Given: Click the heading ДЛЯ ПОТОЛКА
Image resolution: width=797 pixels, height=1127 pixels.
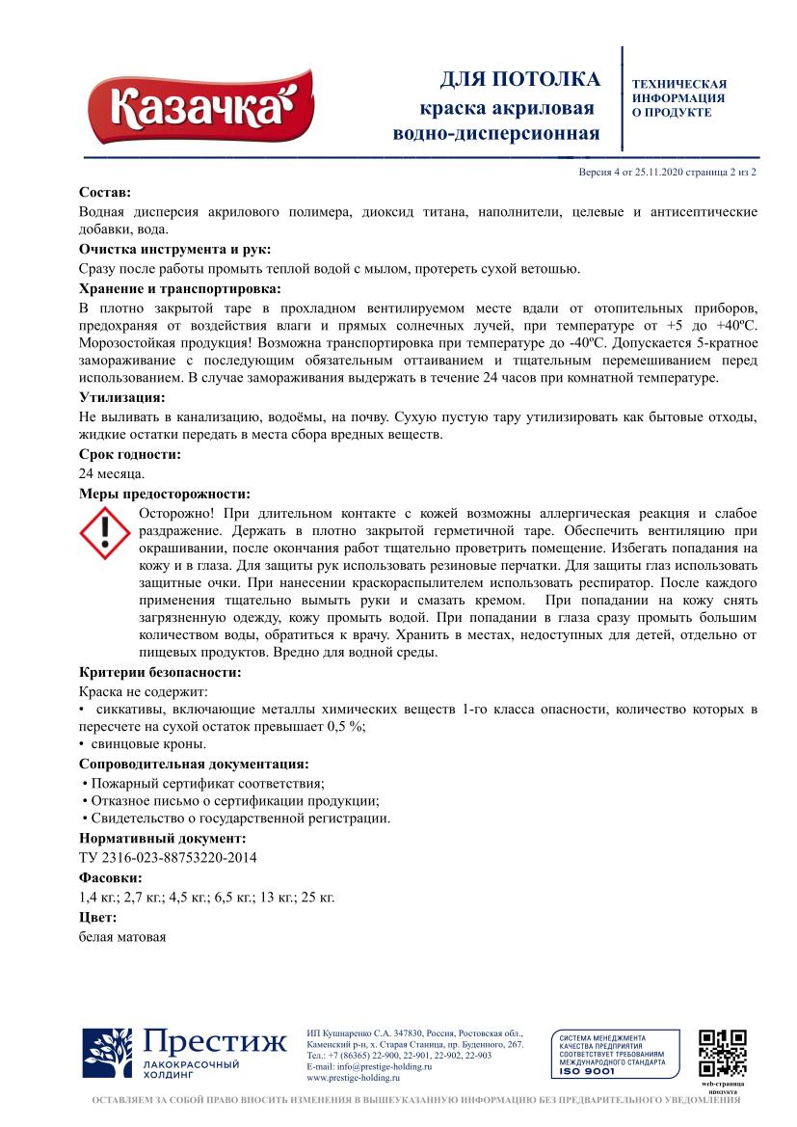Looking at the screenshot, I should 519,79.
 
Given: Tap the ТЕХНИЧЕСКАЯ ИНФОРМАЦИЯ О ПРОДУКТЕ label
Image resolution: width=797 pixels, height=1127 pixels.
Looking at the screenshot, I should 678,98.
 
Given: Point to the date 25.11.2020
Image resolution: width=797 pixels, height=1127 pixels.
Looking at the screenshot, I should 659,172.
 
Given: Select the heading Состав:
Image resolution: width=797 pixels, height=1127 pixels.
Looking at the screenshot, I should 104,194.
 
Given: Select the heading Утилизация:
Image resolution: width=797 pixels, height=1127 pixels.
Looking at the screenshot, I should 121,396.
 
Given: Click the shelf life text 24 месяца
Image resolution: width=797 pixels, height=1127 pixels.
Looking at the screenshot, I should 112,472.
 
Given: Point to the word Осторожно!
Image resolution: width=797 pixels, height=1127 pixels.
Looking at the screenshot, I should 179,512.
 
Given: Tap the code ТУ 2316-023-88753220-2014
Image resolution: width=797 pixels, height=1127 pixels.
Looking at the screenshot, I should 168,857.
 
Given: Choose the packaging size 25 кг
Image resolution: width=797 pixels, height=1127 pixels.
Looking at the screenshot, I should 318,897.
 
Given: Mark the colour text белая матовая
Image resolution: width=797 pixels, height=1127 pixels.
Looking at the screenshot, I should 122,936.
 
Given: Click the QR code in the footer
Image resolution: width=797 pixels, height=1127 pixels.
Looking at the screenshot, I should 723,1054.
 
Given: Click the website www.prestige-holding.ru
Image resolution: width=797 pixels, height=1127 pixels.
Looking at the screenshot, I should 353,1078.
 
